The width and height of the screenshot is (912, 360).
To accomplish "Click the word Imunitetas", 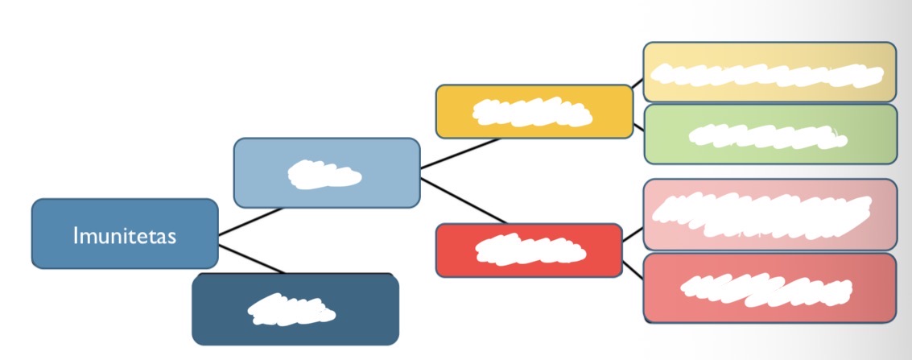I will click(x=124, y=236).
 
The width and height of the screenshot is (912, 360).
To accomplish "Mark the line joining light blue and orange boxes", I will click(x=459, y=153).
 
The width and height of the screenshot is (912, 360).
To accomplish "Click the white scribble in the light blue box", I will click(x=324, y=175).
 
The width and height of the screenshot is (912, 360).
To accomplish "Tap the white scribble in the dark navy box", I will click(x=290, y=310).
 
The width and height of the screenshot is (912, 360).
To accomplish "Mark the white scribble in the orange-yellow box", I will click(x=531, y=112).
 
